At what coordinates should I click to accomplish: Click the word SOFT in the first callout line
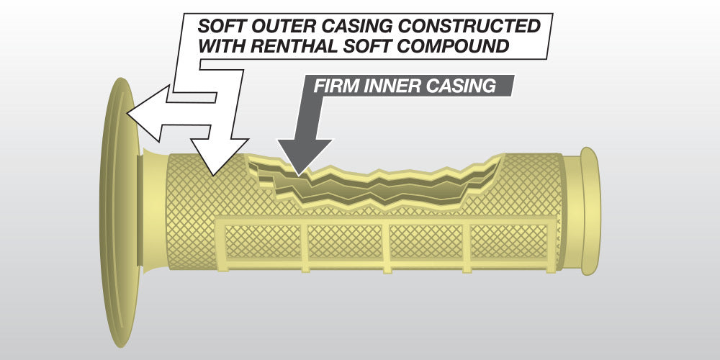(222, 27)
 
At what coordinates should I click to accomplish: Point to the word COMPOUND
(457, 48)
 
